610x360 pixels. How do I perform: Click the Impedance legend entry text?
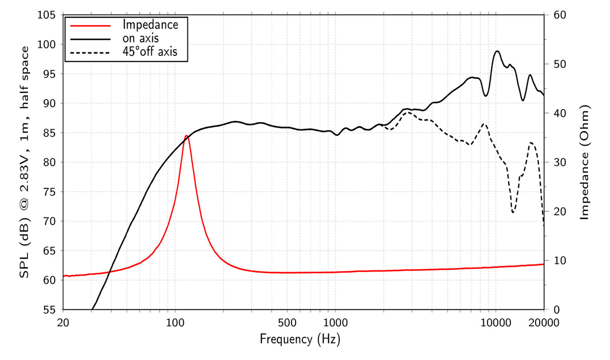click(150, 24)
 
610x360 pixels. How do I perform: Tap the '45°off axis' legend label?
click(150, 51)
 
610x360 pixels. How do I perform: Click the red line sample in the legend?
click(90, 25)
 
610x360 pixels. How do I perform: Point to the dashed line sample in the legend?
click(90, 52)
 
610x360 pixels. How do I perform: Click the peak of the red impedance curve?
click(186, 136)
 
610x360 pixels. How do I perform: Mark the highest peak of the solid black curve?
click(497, 51)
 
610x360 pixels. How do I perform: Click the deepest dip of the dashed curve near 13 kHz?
click(513, 212)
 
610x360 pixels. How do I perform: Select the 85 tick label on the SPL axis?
click(49, 133)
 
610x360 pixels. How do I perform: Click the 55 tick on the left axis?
click(49, 309)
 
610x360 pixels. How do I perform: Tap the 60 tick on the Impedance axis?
click(560, 15)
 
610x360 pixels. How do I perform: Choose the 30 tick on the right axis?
click(560, 162)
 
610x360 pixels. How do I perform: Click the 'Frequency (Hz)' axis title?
click(300, 339)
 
